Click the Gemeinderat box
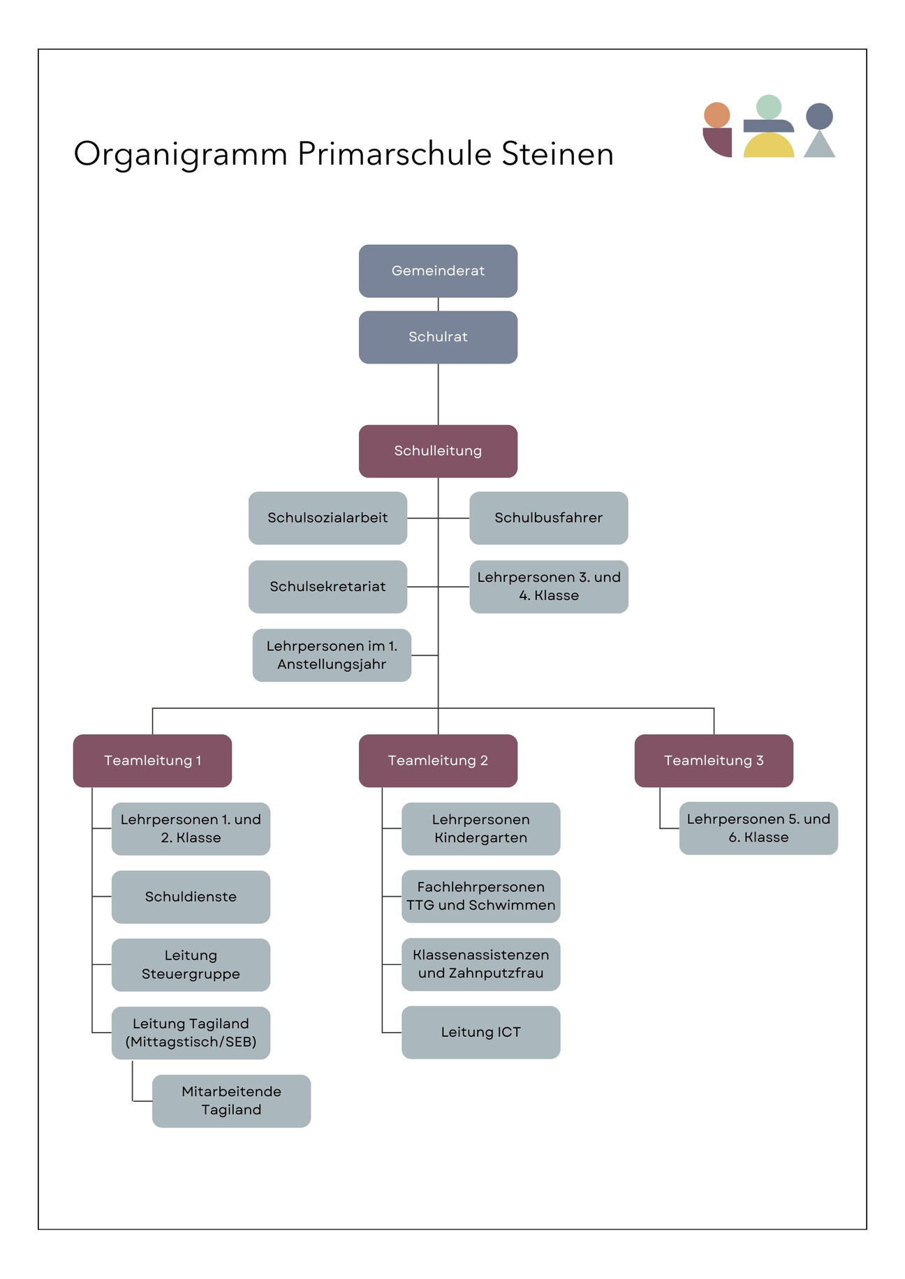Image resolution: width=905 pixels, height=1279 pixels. pyautogui.click(x=438, y=271)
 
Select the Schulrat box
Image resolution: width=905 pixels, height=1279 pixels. pyautogui.click(x=438, y=337)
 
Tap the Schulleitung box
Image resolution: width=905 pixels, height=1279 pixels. pyautogui.click(x=438, y=451)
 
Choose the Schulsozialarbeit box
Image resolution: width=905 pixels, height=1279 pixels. pyautogui.click(x=328, y=518)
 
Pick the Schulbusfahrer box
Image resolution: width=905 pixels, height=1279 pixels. pyautogui.click(x=548, y=518)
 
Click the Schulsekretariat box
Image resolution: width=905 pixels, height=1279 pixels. pyautogui.click(x=328, y=586)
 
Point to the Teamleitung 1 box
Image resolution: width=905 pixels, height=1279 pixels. pyautogui.click(x=152, y=761)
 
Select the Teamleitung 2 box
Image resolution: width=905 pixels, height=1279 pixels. pyautogui.click(x=438, y=761)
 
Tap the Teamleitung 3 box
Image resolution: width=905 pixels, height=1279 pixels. pyautogui.click(x=714, y=761)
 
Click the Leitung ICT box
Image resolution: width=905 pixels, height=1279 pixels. pyautogui.click(x=480, y=1032)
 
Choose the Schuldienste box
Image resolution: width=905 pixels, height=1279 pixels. pyautogui.click(x=191, y=897)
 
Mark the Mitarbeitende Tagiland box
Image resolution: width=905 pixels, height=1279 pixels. pyautogui.click(x=231, y=1100)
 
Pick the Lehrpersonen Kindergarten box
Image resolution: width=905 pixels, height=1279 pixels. pyautogui.click(x=480, y=828)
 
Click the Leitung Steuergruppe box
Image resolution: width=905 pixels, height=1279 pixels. pyautogui.click(x=191, y=964)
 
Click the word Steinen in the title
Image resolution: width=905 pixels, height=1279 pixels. pyautogui.click(x=557, y=154)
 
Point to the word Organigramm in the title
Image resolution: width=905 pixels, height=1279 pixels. pyautogui.click(x=180, y=154)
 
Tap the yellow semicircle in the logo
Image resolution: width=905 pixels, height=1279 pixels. pyautogui.click(x=768, y=147)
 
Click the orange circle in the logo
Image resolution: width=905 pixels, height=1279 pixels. pyautogui.click(x=716, y=115)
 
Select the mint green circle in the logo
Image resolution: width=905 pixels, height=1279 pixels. pyautogui.click(x=769, y=107)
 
